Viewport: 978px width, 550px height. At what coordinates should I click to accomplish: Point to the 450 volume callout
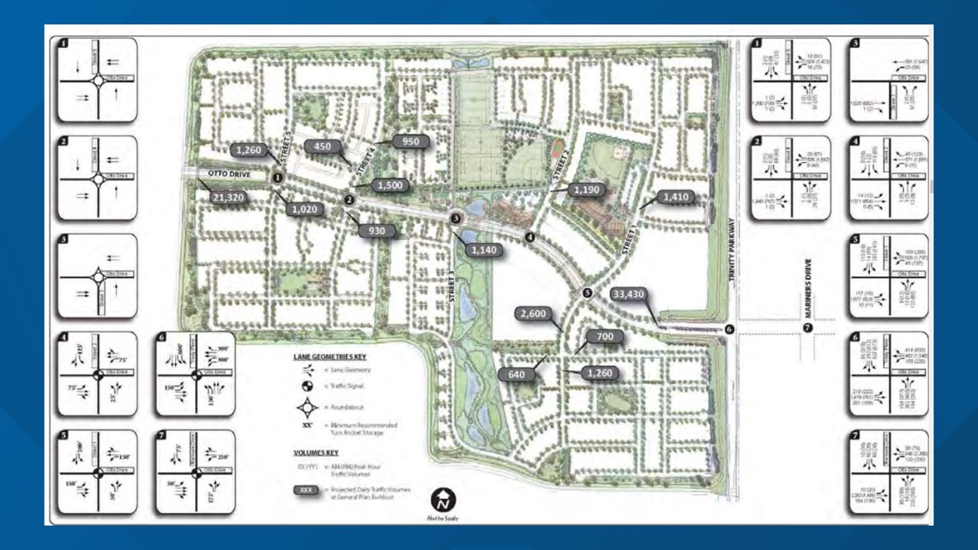(x=323, y=147)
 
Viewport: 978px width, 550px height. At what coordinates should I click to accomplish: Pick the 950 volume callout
(x=409, y=141)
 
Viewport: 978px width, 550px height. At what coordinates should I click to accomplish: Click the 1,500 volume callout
(x=390, y=185)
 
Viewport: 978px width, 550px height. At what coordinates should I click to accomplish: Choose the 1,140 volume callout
(x=484, y=250)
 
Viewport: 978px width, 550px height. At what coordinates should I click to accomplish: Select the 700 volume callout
(x=605, y=337)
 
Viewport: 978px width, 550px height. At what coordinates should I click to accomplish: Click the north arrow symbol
(x=444, y=499)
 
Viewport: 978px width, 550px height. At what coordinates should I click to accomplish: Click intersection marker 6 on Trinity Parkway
(x=729, y=329)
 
